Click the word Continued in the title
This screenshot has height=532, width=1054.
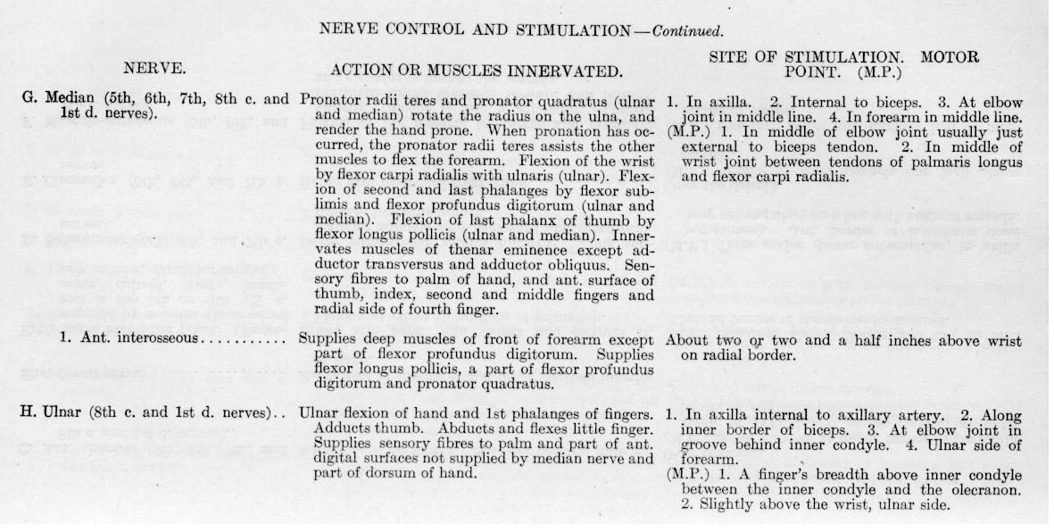tap(687, 30)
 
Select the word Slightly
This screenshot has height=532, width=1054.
tap(720, 504)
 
